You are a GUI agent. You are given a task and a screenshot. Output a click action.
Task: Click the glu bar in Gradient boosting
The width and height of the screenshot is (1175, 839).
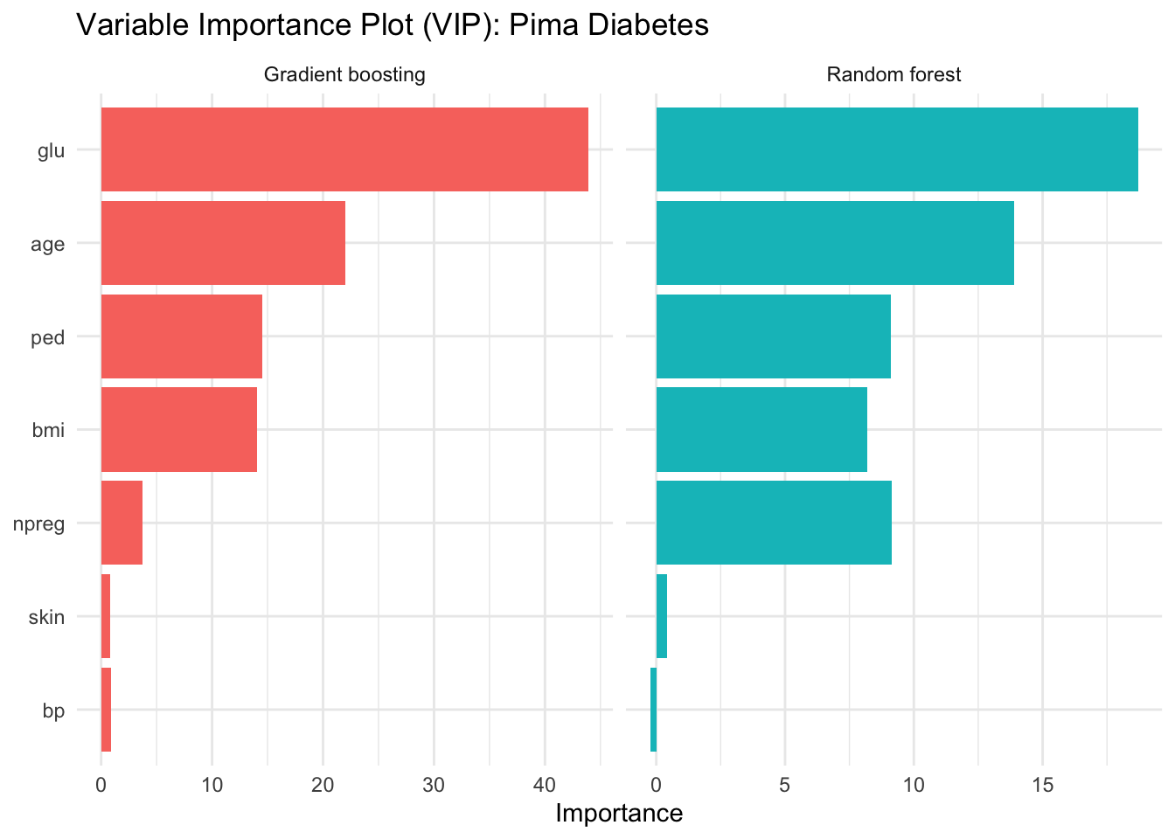click(344, 149)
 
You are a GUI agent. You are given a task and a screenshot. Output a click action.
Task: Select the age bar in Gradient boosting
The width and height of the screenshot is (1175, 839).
click(223, 243)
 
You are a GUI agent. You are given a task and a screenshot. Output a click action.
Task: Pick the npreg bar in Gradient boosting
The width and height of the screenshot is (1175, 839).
click(122, 523)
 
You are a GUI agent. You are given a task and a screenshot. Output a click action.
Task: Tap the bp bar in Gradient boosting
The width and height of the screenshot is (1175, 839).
click(106, 710)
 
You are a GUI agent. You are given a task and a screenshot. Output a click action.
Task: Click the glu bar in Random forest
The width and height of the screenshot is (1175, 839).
click(897, 149)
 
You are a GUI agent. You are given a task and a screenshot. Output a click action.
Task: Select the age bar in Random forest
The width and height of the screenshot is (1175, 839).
click(835, 243)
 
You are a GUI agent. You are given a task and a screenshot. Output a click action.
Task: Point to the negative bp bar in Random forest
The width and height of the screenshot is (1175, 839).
click(653, 710)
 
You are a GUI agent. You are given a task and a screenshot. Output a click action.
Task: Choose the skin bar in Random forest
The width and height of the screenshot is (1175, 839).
click(662, 616)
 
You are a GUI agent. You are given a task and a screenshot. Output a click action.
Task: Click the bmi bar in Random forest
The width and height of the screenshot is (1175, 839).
click(761, 429)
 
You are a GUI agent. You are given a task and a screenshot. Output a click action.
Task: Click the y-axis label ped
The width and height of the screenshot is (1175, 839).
click(48, 337)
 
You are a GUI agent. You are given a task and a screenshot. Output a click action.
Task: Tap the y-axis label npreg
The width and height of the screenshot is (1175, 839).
click(39, 524)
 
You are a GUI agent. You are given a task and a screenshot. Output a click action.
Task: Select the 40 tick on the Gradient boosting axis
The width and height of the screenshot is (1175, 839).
click(545, 784)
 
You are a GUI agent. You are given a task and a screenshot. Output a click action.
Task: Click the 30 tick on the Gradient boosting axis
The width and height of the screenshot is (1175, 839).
click(434, 784)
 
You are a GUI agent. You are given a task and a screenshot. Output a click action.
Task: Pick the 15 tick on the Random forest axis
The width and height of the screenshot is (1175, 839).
click(1042, 784)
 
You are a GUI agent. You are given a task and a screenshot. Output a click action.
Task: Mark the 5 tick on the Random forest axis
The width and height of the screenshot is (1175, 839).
click(785, 784)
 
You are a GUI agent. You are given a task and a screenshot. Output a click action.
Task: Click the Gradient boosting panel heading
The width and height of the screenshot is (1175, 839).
click(344, 75)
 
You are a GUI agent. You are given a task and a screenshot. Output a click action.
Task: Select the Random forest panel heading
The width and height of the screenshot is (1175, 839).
click(893, 75)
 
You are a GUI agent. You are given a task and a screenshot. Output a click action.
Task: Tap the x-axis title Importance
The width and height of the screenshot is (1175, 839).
click(619, 814)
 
